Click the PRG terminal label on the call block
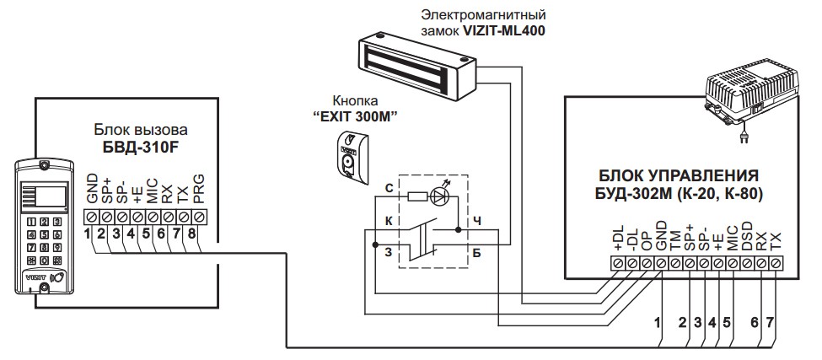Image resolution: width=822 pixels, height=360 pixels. [198, 193]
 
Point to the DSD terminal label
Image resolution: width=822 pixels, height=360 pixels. [748, 239]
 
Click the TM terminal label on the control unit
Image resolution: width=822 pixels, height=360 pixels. [675, 241]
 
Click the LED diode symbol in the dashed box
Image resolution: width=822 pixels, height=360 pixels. [440, 196]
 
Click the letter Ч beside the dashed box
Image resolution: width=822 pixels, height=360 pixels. [477, 222]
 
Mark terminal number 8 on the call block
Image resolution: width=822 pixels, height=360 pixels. [192, 234]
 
